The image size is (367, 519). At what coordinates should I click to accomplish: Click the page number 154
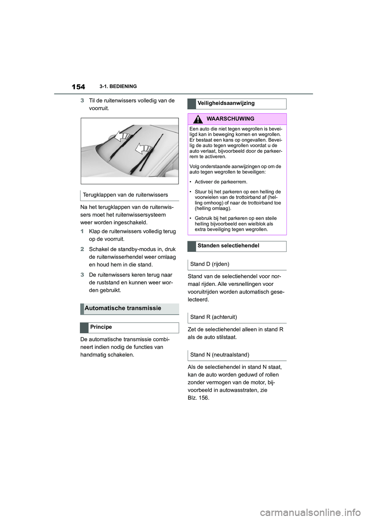click(78, 87)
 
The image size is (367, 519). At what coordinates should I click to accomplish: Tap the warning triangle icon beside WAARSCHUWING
click(198, 119)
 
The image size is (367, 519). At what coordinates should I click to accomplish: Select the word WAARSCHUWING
click(231, 119)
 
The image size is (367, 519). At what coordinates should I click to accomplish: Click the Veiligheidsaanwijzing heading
click(226, 103)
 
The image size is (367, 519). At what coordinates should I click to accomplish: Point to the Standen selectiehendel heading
click(228, 246)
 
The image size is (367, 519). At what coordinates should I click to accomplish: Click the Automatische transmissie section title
click(123, 308)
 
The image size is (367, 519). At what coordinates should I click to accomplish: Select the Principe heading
click(101, 327)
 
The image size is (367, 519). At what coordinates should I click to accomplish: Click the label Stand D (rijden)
click(209, 264)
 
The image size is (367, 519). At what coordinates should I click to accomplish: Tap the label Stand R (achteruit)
click(213, 317)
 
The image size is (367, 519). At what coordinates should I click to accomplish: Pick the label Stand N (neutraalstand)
click(219, 355)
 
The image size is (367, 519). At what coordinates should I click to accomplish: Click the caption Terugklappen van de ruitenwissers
click(125, 195)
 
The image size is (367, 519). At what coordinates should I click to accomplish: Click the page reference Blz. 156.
click(198, 398)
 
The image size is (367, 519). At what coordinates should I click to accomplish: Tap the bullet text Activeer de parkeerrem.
click(221, 182)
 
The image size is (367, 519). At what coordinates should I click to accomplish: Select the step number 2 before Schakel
click(82, 249)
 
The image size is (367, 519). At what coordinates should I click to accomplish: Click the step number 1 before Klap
click(82, 231)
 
